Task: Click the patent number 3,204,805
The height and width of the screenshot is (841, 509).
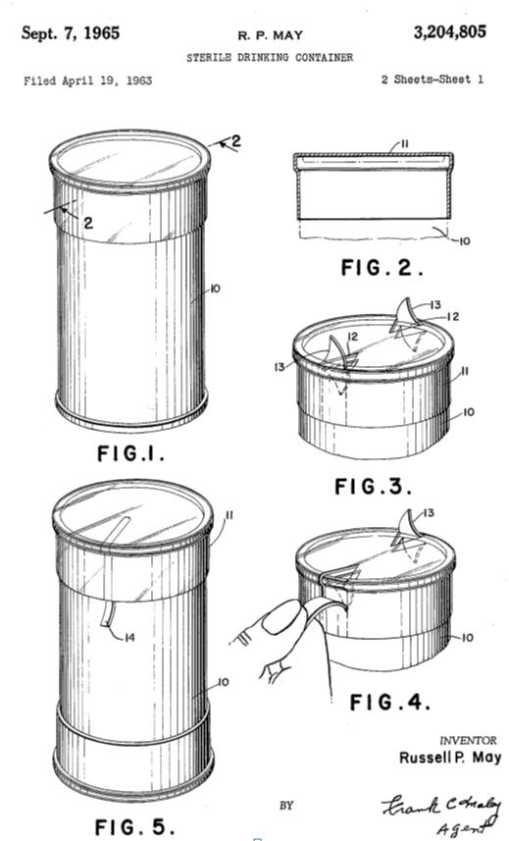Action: pos(449,32)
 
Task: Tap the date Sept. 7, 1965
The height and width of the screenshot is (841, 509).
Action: pos(71,33)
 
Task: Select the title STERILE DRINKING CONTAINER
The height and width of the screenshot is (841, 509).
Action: pos(270,57)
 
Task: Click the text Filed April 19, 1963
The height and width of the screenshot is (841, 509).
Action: pos(87,81)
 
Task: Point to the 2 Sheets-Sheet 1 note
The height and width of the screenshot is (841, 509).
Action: pos(432,79)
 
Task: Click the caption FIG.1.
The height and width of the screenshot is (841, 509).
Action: pos(130,453)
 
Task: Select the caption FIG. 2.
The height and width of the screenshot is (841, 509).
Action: pos(382,267)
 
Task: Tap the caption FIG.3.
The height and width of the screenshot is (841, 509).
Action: pos(374,487)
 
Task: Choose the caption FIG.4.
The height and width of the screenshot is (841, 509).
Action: pos(389,702)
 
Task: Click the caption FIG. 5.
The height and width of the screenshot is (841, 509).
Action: pos(134,826)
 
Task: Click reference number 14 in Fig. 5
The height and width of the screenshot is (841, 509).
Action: pos(129,638)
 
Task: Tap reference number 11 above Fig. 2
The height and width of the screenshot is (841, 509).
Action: pos(404,143)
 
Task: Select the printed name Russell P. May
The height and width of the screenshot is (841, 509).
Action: pos(450,758)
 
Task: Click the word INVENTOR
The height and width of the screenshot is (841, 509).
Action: pos(468,741)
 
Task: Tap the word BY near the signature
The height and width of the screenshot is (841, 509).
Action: pos(286,805)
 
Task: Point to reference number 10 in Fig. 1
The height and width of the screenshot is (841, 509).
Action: pos(215,289)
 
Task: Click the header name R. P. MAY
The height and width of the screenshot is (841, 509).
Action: pos(271,36)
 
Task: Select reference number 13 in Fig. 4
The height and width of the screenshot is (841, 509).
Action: pos(429,513)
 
